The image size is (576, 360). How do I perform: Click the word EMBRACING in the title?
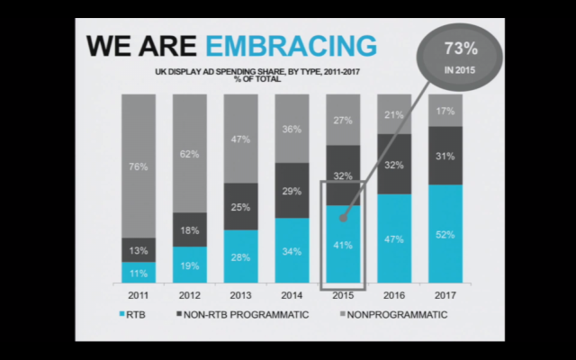[x=289, y=45]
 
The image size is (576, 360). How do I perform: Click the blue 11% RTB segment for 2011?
[x=138, y=272]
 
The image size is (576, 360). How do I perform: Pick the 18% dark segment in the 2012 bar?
[x=189, y=230]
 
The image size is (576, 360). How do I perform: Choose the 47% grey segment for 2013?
[x=240, y=140]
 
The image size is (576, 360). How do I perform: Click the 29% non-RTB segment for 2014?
[x=292, y=192]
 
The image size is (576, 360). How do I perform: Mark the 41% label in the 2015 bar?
[x=343, y=244]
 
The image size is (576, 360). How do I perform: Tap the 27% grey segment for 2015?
[x=343, y=120]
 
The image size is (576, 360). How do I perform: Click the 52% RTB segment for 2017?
[x=445, y=234]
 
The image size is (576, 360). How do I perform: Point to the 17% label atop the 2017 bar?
[x=445, y=112]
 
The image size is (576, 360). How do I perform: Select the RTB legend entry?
[x=136, y=315]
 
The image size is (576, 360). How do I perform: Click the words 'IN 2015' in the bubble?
[x=451, y=68]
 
